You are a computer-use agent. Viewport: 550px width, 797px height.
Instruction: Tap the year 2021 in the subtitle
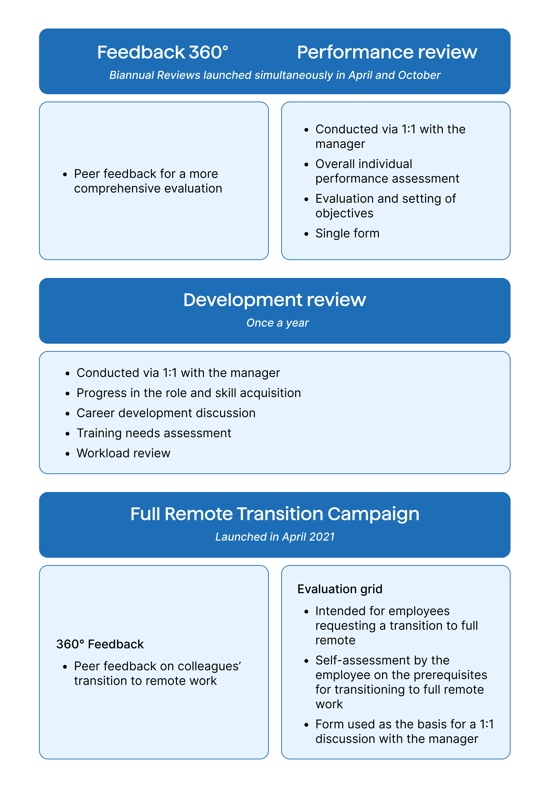322,537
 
